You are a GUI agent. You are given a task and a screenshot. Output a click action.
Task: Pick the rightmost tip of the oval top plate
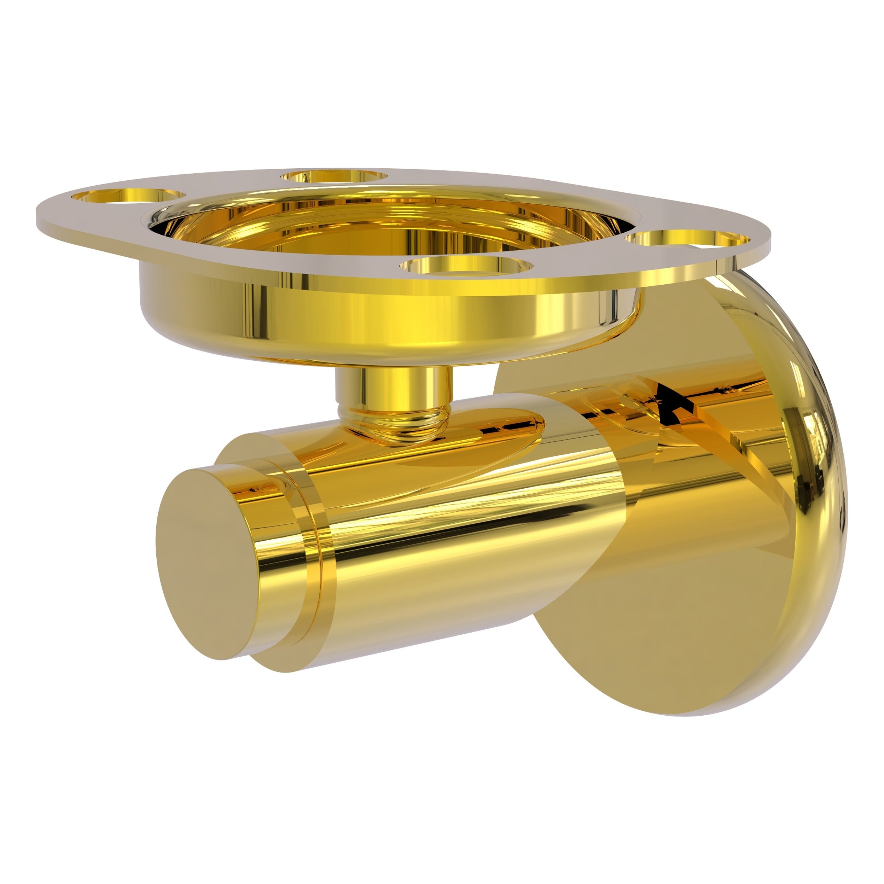(769, 238)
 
